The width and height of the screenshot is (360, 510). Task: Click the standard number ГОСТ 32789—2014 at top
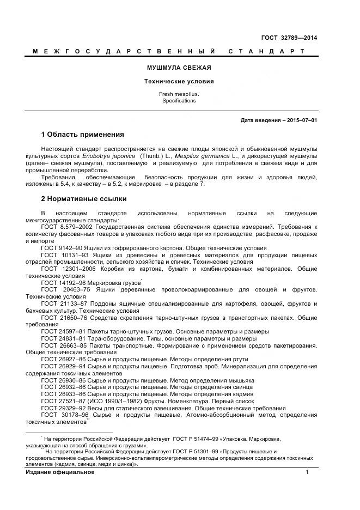coord(289,38)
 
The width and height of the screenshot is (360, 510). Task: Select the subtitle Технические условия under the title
coord(179,81)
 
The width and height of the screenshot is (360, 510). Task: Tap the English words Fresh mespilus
coord(179,94)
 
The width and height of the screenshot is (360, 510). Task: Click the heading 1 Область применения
coord(82,135)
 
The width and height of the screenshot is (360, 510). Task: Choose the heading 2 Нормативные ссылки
coord(83,199)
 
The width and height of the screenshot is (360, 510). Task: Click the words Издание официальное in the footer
coord(60,472)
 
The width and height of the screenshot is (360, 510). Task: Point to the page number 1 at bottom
coord(307,472)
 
